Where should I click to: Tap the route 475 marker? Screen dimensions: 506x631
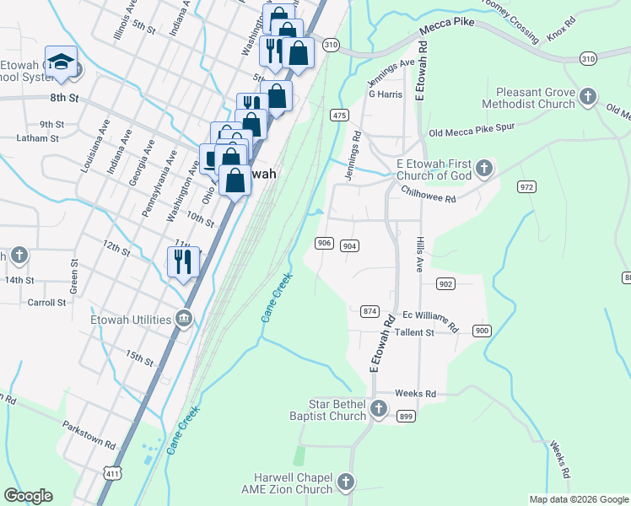point(340,115)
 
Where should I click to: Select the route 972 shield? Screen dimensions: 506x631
point(527,186)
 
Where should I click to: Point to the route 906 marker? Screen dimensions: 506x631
point(324,243)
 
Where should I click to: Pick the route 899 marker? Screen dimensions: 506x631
point(406,416)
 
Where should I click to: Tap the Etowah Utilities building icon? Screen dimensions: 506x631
point(183,319)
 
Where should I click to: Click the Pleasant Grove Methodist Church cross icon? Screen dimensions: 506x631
point(588,98)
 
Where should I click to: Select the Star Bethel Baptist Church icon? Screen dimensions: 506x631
point(379,410)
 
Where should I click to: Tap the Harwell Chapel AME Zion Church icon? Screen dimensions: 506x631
point(344,482)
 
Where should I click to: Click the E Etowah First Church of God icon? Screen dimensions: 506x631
point(484,169)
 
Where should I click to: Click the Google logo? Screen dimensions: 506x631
point(28,496)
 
